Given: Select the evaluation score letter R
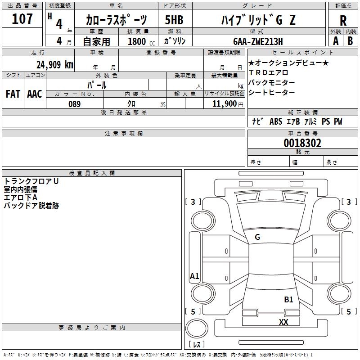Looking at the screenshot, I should [x=343, y=20].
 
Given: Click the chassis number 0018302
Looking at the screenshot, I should [x=302, y=144].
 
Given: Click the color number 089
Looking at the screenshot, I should [x=74, y=104].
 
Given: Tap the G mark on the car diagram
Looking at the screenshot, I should [x=257, y=237].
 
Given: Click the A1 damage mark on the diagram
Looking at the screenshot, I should [x=194, y=276].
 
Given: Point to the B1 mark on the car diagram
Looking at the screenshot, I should [x=288, y=299].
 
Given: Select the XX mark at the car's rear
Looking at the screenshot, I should [x=283, y=322].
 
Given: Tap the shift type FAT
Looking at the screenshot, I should [x=13, y=94].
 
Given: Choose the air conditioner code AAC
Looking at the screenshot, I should [x=35, y=94].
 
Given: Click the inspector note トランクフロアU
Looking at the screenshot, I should [x=31, y=182].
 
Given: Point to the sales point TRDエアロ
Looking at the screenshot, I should [x=269, y=72].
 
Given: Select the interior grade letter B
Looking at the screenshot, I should [x=350, y=40].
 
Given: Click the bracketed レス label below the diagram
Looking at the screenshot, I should [x=197, y=345].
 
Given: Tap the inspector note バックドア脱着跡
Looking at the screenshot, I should [x=31, y=206].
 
